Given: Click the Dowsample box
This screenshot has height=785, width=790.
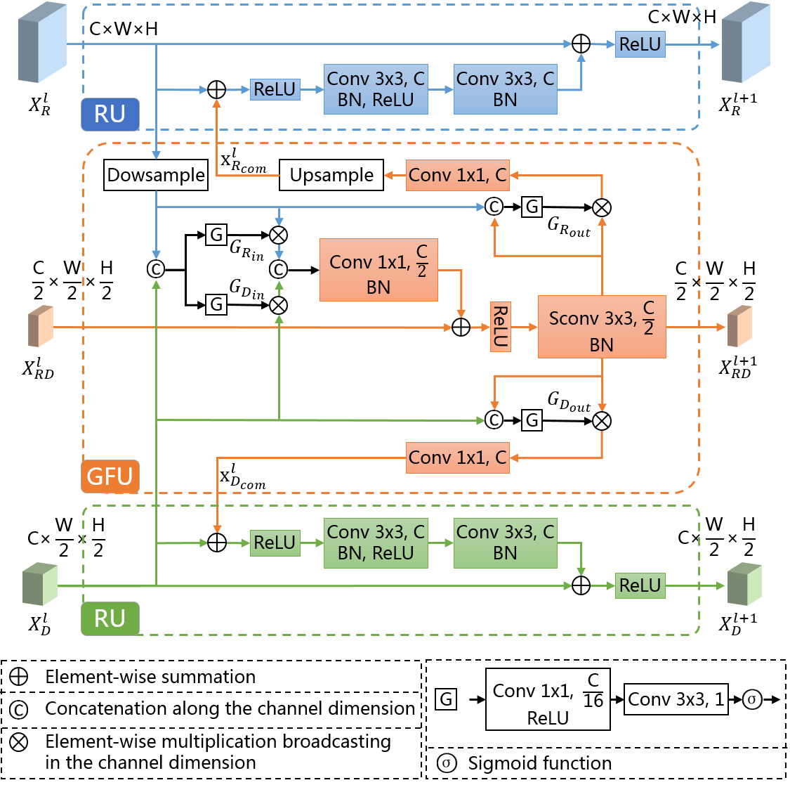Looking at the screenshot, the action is [x=156, y=175].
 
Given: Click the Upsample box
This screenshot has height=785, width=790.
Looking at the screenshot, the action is [x=331, y=175].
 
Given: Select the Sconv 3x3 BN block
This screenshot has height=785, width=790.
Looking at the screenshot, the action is [x=601, y=327].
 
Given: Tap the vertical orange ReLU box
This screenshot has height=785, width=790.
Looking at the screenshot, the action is [x=500, y=327].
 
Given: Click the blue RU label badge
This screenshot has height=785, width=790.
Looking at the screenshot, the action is [x=110, y=114].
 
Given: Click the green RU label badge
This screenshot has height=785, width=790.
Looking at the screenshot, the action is [x=110, y=618].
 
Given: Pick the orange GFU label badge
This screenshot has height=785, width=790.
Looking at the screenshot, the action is [x=110, y=476].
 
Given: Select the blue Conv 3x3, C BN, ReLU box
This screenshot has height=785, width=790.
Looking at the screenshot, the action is [x=376, y=89].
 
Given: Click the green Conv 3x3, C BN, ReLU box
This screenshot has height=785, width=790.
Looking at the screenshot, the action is [x=376, y=543].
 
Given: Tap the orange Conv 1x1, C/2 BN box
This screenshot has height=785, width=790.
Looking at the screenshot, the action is [x=378, y=270].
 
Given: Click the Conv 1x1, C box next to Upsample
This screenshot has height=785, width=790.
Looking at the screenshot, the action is [x=457, y=175].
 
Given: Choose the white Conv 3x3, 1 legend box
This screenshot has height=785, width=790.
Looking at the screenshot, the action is [x=676, y=699].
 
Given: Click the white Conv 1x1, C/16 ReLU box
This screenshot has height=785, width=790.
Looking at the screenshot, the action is [x=548, y=699].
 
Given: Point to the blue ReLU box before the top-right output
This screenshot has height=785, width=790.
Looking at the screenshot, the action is [x=640, y=44].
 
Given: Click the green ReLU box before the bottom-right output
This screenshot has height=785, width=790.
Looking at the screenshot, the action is [x=640, y=585].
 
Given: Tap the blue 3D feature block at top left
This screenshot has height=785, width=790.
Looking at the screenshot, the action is [x=42, y=42].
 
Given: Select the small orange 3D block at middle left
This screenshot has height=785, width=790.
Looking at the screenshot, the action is [x=41, y=326].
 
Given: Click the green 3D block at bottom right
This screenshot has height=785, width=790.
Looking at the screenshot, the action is [x=744, y=584].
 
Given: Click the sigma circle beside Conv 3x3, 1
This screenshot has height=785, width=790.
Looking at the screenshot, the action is [x=753, y=699].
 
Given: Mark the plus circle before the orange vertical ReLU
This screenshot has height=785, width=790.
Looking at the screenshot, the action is [x=461, y=327].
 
